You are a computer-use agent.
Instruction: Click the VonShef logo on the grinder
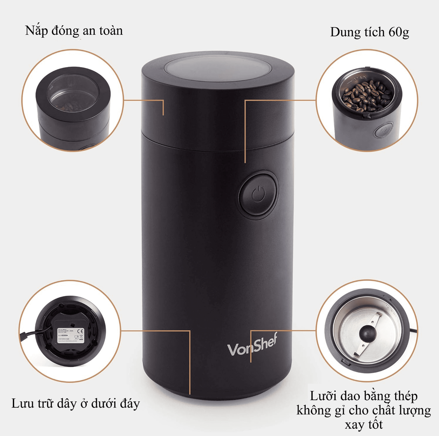click(x=253, y=345)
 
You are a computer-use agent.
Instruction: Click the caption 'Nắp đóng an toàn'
click(x=74, y=31)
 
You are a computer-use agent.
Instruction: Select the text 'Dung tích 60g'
click(x=369, y=33)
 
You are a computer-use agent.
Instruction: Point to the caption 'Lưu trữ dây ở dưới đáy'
click(x=75, y=404)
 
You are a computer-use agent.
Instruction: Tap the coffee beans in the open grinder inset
click(x=367, y=95)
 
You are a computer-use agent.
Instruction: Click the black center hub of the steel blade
click(x=366, y=333)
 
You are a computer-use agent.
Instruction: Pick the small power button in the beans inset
click(x=383, y=130)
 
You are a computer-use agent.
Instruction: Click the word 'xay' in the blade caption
click(x=354, y=425)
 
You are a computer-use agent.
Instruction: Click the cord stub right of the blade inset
click(x=412, y=330)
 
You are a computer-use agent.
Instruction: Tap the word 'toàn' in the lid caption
click(x=109, y=31)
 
